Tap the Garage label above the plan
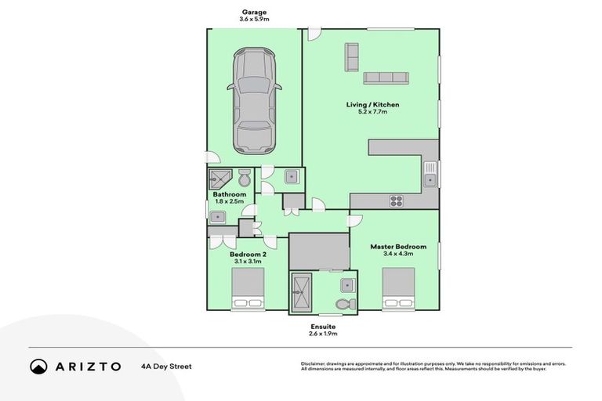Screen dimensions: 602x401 (x=254, y=13)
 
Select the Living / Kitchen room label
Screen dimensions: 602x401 (x=372, y=104)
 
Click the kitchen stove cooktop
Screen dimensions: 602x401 (x=396, y=201)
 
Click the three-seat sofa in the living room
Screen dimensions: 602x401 (x=386, y=78)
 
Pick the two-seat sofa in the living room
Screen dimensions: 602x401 (x=352, y=57)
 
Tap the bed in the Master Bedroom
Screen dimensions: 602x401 (x=398, y=288)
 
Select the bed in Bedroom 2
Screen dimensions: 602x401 (x=248, y=288)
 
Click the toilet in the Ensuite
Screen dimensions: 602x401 (x=346, y=305)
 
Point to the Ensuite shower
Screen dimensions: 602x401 (x=301, y=292)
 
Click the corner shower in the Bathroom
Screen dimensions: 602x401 (x=220, y=179)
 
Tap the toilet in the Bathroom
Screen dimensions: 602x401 (x=245, y=178)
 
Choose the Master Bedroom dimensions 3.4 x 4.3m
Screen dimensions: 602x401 (x=398, y=254)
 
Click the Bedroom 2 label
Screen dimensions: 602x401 (x=248, y=254)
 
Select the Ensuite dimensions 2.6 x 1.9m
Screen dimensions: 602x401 (x=323, y=334)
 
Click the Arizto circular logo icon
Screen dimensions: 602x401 (x=38, y=367)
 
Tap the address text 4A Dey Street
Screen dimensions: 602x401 (x=166, y=367)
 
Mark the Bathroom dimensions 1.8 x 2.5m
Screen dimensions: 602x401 (x=230, y=201)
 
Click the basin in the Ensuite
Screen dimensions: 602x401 (x=347, y=286)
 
